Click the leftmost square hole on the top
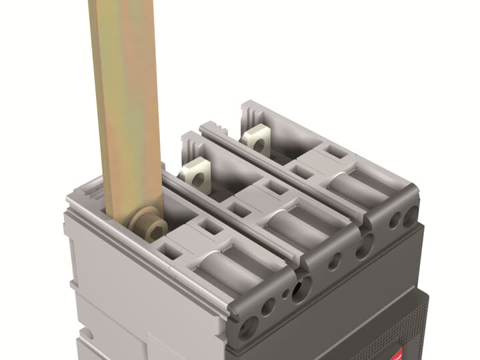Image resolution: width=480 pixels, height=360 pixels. click(171, 251)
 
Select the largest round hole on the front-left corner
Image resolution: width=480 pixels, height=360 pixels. click(249, 327)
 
